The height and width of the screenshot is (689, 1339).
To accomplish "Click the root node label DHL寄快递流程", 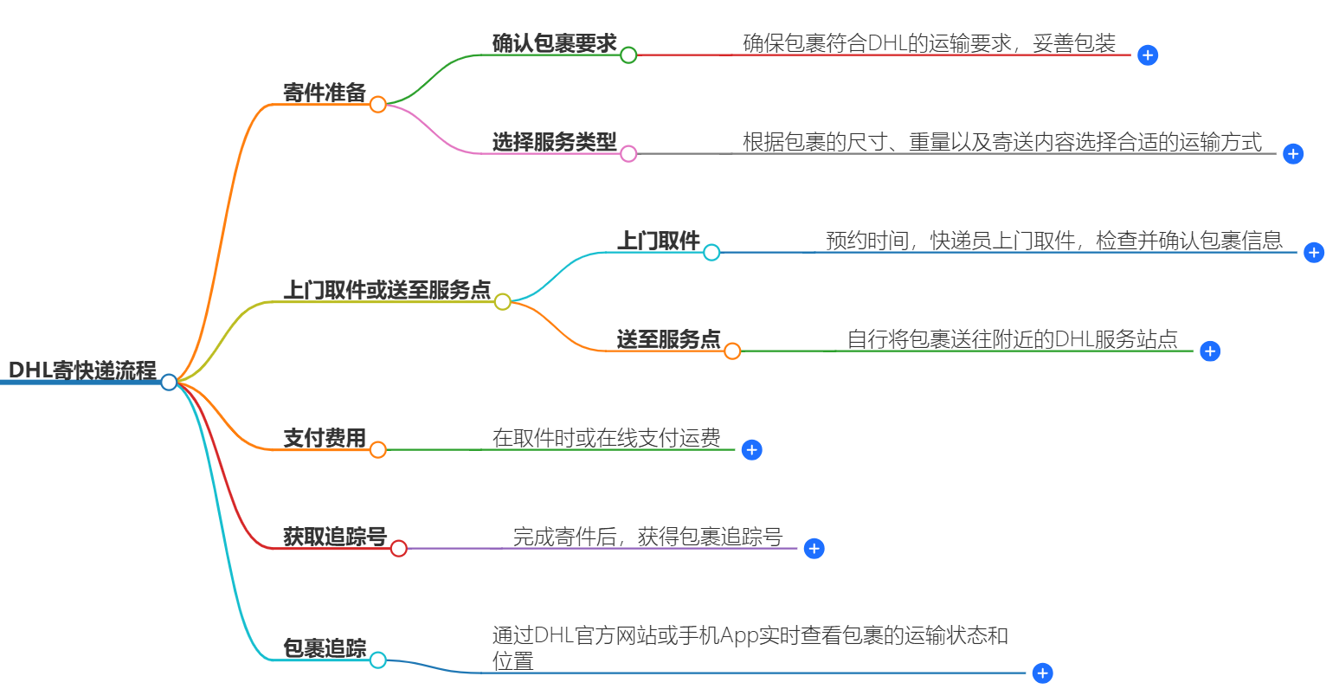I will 82,370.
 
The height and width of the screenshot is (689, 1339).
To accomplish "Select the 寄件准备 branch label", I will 325,93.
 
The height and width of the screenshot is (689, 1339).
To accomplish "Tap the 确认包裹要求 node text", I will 554,43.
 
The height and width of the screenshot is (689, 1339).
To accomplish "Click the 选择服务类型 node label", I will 554,142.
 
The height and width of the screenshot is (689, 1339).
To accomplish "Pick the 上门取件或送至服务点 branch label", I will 387,290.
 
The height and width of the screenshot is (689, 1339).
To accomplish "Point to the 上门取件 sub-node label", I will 658,241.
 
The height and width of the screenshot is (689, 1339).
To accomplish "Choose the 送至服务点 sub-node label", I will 668,339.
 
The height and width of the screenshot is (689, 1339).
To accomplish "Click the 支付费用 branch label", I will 325,438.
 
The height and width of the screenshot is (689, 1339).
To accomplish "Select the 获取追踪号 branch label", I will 335,537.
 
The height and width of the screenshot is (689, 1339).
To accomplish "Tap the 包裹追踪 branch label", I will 325,648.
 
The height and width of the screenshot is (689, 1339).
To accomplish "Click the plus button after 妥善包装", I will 1148,55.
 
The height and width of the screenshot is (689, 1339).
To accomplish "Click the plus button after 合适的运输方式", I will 1293,154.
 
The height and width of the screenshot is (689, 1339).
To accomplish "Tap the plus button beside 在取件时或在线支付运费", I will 752,450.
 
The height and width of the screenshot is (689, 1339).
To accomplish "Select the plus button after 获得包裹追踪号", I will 814,549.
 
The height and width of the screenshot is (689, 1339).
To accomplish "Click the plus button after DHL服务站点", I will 1210,351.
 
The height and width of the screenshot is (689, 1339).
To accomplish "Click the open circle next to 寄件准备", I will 377,105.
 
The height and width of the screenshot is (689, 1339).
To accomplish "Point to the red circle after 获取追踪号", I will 398,549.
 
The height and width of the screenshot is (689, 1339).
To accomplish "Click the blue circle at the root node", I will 169,382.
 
